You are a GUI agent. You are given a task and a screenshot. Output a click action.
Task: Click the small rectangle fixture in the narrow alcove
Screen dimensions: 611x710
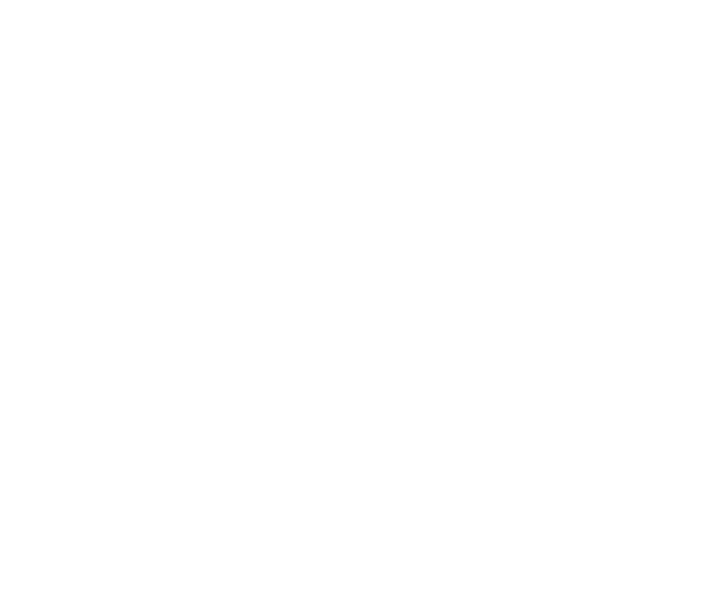coord(472,160)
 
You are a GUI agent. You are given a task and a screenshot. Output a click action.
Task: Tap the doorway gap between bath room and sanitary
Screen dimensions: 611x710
coord(510,460)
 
